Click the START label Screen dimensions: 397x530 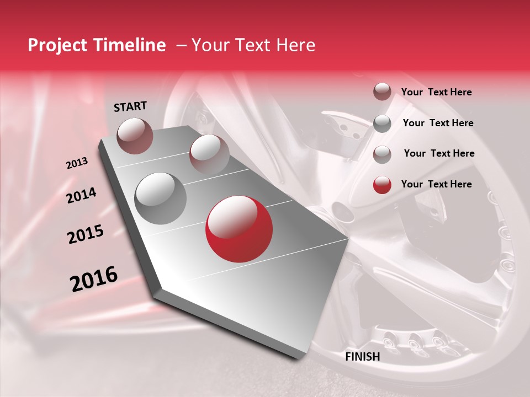[x=130, y=106]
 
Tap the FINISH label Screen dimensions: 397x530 [x=363, y=357]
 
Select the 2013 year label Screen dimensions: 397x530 [x=77, y=163]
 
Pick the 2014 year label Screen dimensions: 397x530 [x=82, y=195]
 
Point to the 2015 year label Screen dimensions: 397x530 [x=86, y=235]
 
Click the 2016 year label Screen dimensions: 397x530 [x=94, y=278]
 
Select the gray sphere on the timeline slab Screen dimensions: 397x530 [x=161, y=198]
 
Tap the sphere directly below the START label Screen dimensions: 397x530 [x=135, y=136]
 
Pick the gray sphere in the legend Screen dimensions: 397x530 [x=382, y=124]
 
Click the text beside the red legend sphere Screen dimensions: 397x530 [x=437, y=184]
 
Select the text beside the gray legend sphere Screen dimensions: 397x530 [x=438, y=123]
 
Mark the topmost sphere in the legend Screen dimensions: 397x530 [x=382, y=92]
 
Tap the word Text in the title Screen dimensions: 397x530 [x=252, y=46]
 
